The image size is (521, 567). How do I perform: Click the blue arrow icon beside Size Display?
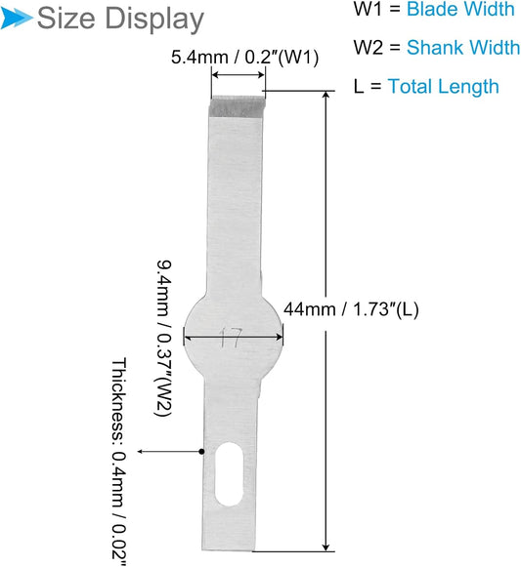(x=16, y=18)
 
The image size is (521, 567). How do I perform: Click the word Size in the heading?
(x=65, y=19)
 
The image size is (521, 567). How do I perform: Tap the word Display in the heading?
(x=154, y=20)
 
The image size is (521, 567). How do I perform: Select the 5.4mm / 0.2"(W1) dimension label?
(x=245, y=58)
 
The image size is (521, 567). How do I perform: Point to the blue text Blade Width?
(x=460, y=9)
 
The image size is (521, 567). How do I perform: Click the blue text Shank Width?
(x=463, y=48)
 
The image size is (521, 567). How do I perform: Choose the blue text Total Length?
(x=443, y=87)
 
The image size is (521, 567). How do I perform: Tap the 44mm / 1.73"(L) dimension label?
(x=351, y=309)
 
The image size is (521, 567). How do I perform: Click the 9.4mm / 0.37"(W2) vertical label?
(x=164, y=338)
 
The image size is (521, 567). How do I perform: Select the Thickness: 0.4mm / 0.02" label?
(x=119, y=462)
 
